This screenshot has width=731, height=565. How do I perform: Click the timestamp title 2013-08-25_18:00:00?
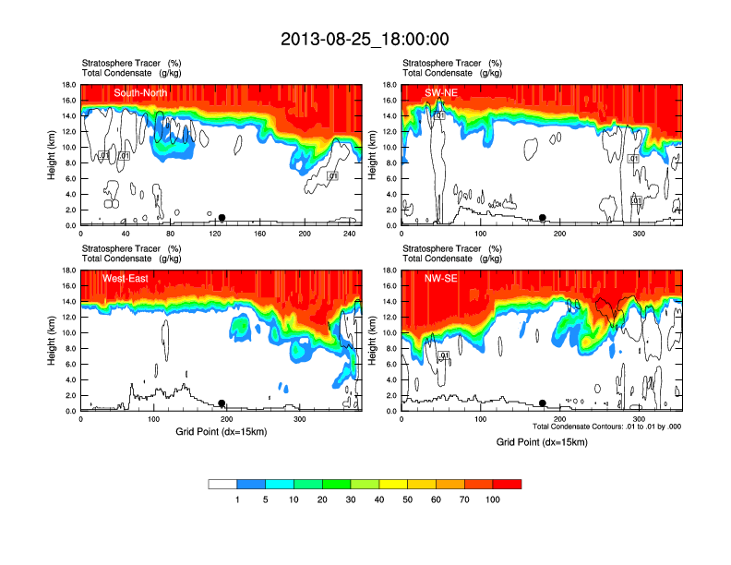(x=365, y=39)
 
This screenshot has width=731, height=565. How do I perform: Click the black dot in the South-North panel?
(x=222, y=218)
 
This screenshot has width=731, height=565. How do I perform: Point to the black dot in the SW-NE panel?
(x=543, y=218)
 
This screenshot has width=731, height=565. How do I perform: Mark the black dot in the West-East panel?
(x=222, y=403)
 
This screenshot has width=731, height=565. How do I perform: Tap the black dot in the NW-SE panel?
(x=543, y=403)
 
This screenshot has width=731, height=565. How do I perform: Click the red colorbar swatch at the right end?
(x=507, y=484)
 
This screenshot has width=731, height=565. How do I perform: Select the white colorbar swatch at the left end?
(x=222, y=484)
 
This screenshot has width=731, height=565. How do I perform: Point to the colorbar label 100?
(x=493, y=499)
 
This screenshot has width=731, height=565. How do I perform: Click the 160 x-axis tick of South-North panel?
(x=259, y=234)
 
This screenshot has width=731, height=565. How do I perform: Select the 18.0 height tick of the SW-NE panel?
(x=390, y=85)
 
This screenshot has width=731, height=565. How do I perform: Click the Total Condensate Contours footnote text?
(x=606, y=427)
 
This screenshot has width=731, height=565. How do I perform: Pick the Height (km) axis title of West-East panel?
(x=53, y=341)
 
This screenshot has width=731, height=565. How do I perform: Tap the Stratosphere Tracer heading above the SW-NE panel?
(x=443, y=63)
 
